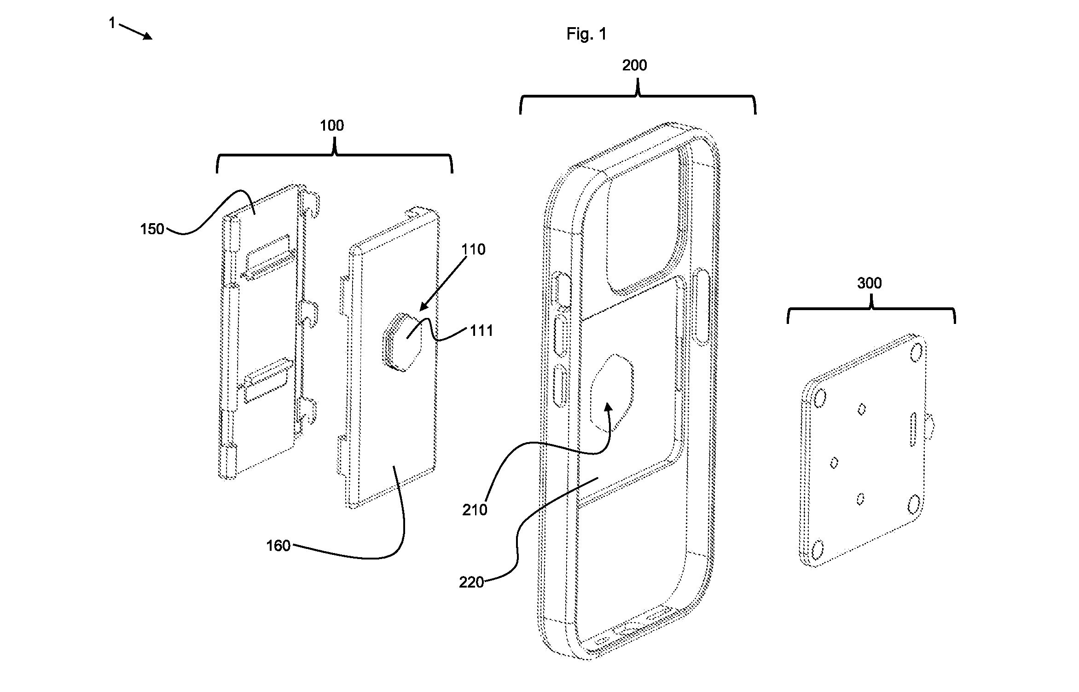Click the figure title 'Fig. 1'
[586, 34]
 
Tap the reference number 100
[331, 125]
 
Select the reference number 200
[634, 65]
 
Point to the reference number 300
[869, 283]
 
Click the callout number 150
[152, 229]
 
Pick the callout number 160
[278, 546]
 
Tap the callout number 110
[473, 249]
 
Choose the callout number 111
[481, 330]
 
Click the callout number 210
[475, 510]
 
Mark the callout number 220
[471, 582]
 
